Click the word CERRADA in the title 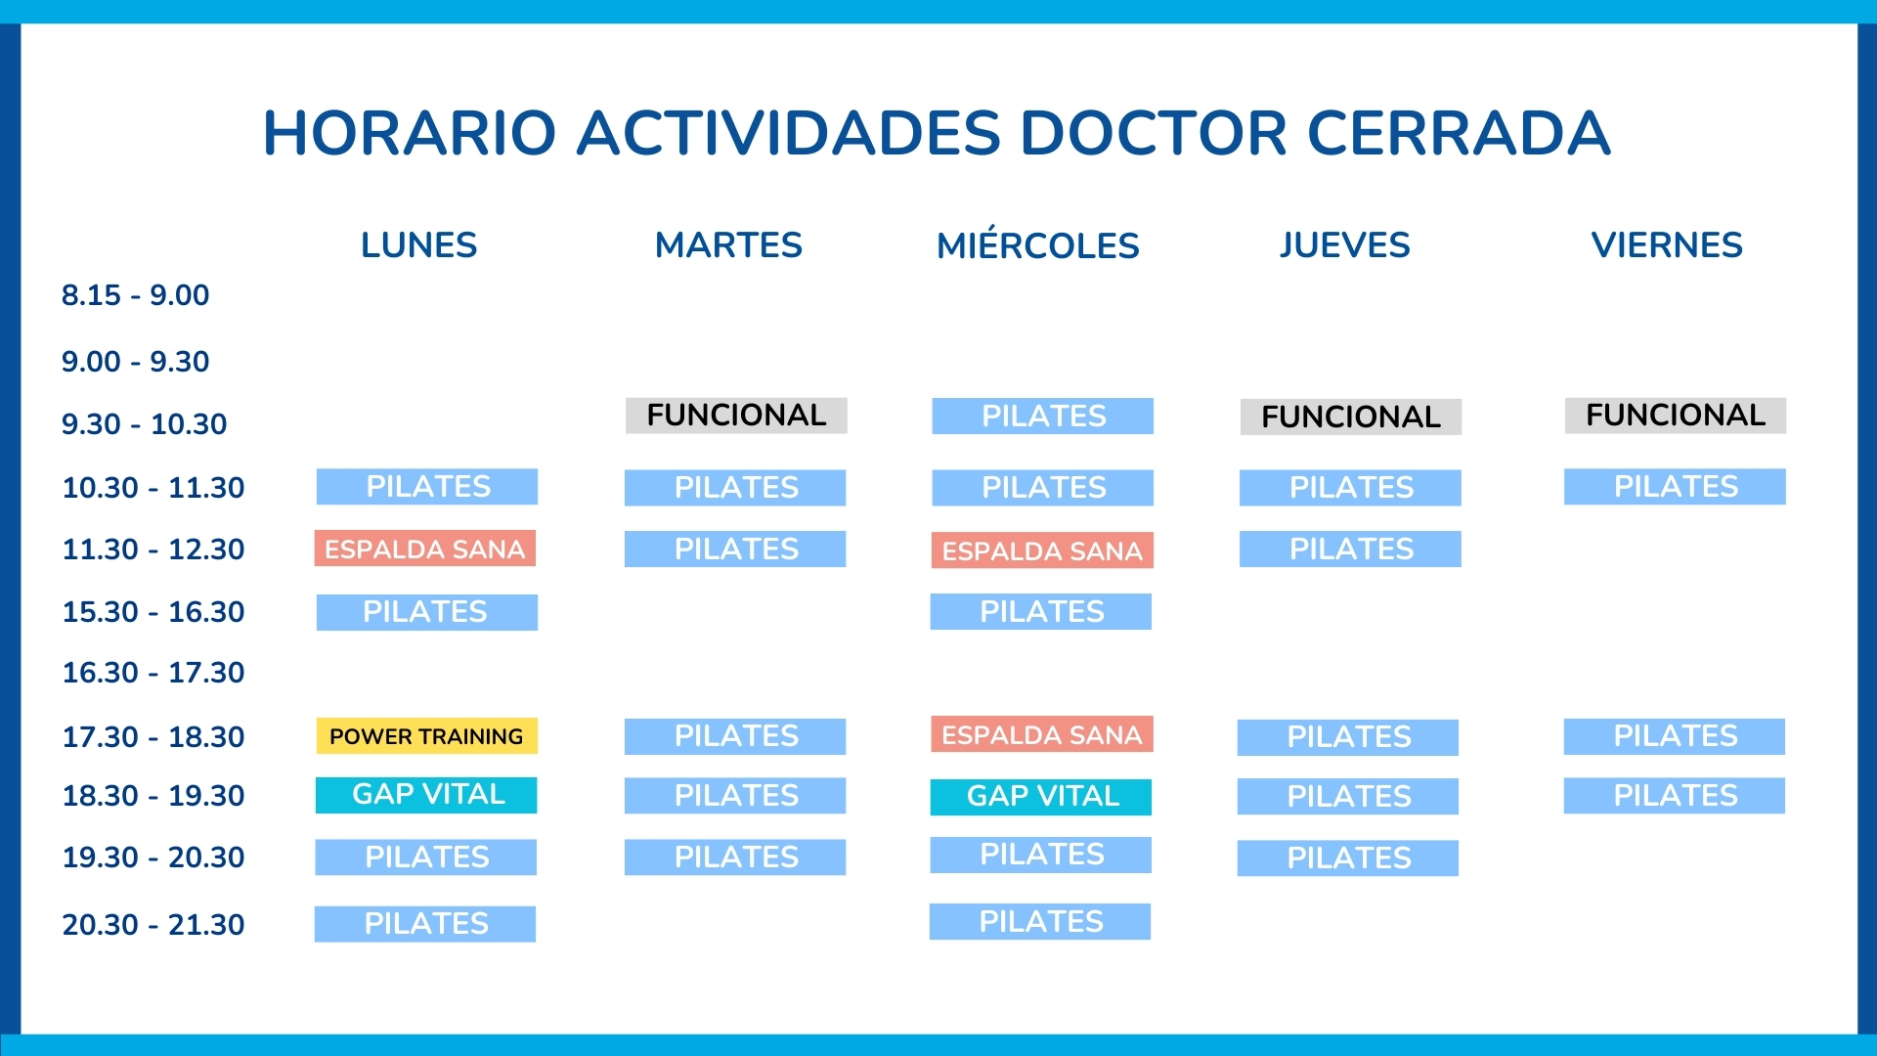point(1458,133)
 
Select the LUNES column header point(418,244)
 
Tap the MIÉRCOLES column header point(1037,245)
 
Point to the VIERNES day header point(1666,244)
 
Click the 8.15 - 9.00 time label point(135,295)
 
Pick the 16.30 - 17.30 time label point(153,673)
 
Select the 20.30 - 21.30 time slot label point(153,924)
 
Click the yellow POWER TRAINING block point(426,736)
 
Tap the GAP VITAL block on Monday point(426,795)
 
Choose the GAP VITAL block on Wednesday point(1041,797)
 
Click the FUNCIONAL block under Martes point(736,416)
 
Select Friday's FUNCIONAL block point(1675,416)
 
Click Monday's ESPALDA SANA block point(424,549)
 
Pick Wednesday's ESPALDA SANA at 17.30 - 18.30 point(1041,734)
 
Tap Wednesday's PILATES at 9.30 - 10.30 point(1042,417)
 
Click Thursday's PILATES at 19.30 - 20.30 point(1348,858)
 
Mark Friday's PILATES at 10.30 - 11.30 point(1675,487)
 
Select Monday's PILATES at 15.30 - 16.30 point(426,612)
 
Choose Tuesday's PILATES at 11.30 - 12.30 point(735,550)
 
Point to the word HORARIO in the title point(410,133)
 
